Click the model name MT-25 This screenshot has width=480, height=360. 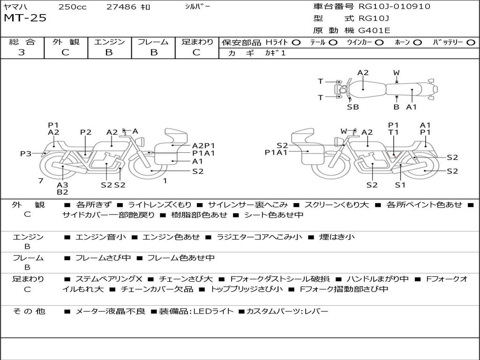[25, 18]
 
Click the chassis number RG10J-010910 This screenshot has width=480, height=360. [394, 7]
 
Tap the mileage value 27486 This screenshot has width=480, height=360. [121, 7]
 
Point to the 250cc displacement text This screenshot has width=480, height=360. [72, 7]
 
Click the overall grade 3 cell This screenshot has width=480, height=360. [22, 52]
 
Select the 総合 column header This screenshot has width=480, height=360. [22, 42]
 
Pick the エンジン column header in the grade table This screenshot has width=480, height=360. [109, 42]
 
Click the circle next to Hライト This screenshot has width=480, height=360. [296, 43]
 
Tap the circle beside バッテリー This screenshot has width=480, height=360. [471, 43]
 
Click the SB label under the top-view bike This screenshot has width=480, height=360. [352, 107]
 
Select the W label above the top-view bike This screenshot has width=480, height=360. [396, 73]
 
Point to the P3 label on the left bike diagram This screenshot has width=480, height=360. [26, 153]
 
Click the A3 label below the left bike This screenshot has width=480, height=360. [62, 185]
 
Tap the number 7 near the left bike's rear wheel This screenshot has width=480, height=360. [41, 180]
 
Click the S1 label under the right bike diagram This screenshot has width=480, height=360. [400, 185]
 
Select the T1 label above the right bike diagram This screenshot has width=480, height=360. [393, 133]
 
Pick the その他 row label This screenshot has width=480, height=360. [29, 311]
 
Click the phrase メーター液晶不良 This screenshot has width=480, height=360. [110, 311]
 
